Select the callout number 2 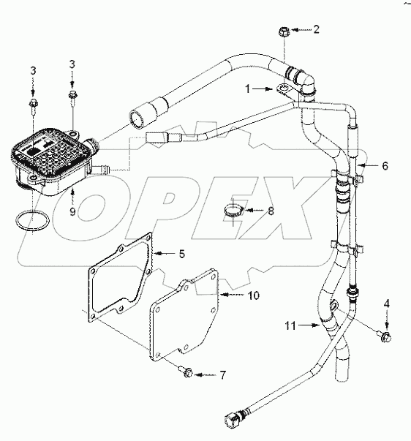(317, 30)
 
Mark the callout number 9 (72, 212)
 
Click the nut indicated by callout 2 (285, 31)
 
